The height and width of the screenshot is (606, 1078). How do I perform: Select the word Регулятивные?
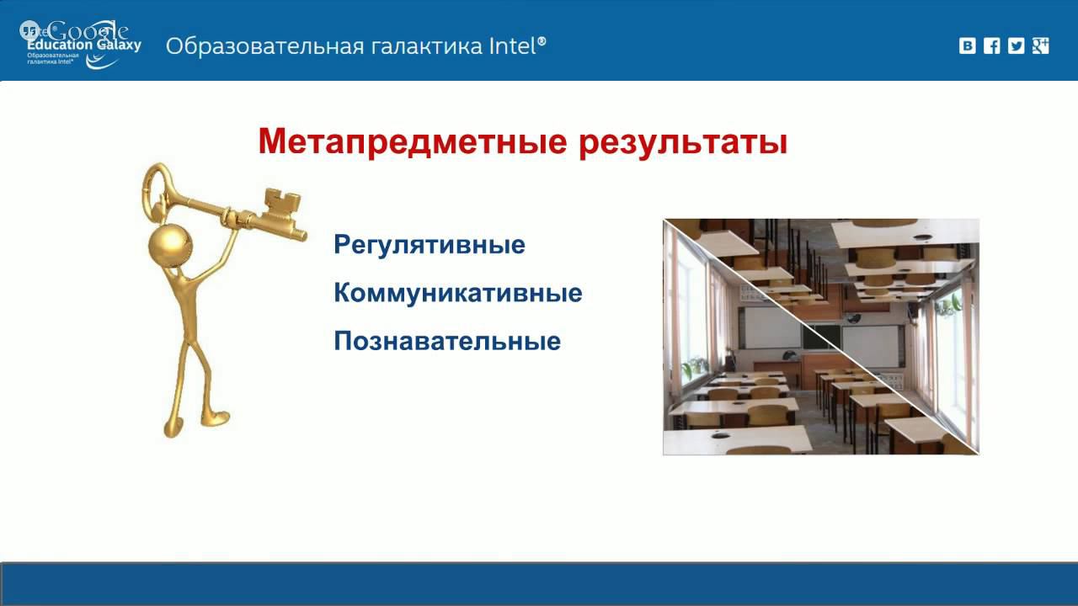(430, 245)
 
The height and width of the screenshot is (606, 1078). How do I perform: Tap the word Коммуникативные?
(457, 294)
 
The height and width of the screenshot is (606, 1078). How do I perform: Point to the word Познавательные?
(447, 342)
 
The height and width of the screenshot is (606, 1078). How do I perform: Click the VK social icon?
(968, 46)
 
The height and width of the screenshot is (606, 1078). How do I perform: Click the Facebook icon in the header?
(992, 46)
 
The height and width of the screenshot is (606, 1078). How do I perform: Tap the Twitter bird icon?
(1017, 46)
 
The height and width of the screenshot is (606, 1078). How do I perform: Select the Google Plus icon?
(1041, 46)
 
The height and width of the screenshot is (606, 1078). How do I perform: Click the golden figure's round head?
(170, 245)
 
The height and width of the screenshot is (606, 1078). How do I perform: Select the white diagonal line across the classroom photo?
(821, 338)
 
